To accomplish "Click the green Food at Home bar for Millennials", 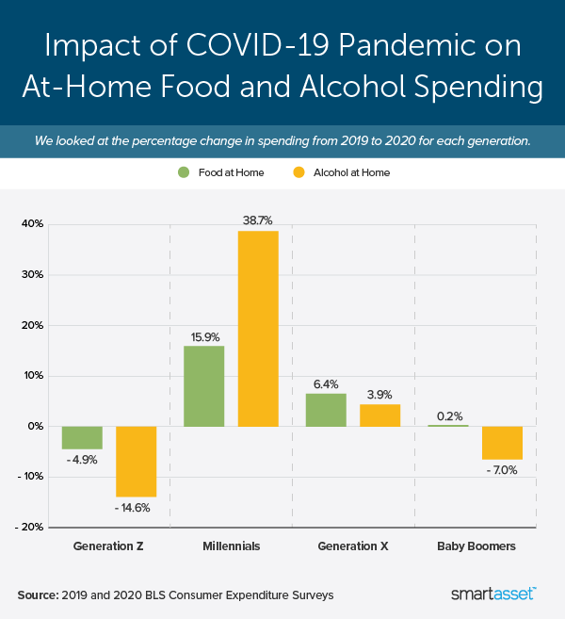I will (x=203, y=386).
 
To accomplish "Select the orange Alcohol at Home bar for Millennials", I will (x=258, y=329).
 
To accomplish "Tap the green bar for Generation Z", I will (x=82, y=437).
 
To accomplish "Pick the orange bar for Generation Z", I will (x=136, y=462).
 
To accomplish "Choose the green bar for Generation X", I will (x=326, y=410).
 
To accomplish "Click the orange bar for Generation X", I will (x=380, y=415).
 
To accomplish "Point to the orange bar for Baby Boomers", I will (x=502, y=443).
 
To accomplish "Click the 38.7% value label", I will (x=258, y=220).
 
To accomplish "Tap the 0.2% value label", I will (x=448, y=415).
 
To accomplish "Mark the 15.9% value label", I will (x=203, y=335).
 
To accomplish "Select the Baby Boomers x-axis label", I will (x=476, y=546).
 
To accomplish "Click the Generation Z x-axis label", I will (x=108, y=546).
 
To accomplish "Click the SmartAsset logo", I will (x=493, y=595).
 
